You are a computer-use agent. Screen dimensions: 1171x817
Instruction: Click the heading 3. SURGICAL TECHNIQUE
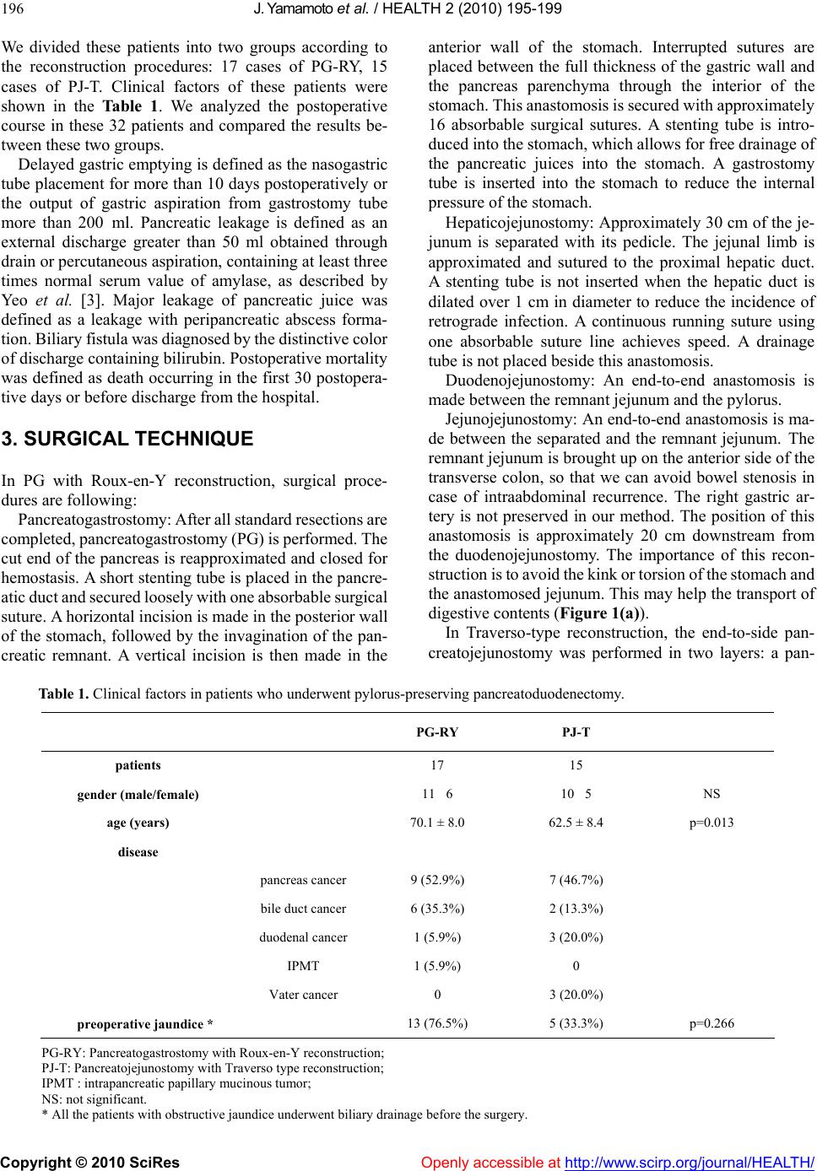pyautogui.click(x=127, y=439)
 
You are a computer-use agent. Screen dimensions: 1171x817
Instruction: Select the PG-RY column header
pyautogui.click(x=437, y=732)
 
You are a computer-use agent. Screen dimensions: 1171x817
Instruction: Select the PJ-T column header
pyautogui.click(x=576, y=732)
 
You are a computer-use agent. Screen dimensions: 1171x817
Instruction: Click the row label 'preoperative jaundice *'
pyautogui.click(x=144, y=1024)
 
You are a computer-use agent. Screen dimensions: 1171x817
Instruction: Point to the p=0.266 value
pyautogui.click(x=711, y=1024)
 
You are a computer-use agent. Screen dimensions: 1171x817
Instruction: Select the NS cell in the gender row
pyautogui.click(x=711, y=794)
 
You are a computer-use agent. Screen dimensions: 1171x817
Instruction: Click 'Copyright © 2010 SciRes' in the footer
pyautogui.click(x=90, y=1162)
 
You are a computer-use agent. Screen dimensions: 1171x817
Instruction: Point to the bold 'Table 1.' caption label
pyautogui.click(x=65, y=694)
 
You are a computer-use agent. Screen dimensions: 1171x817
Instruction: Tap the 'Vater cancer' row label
pyautogui.click(x=303, y=996)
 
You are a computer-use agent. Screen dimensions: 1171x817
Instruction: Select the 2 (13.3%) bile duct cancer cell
pyautogui.click(x=576, y=909)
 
